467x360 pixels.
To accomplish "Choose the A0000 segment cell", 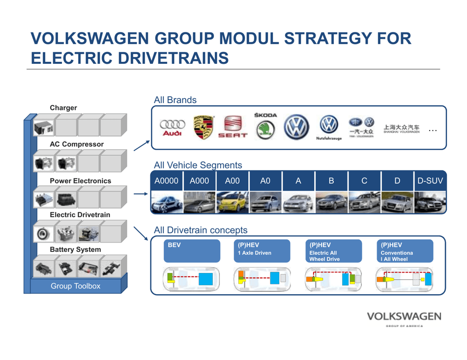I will [166, 181].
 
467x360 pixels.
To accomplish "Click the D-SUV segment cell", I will [430, 181].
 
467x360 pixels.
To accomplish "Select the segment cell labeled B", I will [331, 181].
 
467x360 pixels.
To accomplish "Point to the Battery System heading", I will [75, 249].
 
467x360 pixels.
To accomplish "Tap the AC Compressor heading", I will [76, 144].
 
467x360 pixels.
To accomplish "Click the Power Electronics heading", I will [81, 181].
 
